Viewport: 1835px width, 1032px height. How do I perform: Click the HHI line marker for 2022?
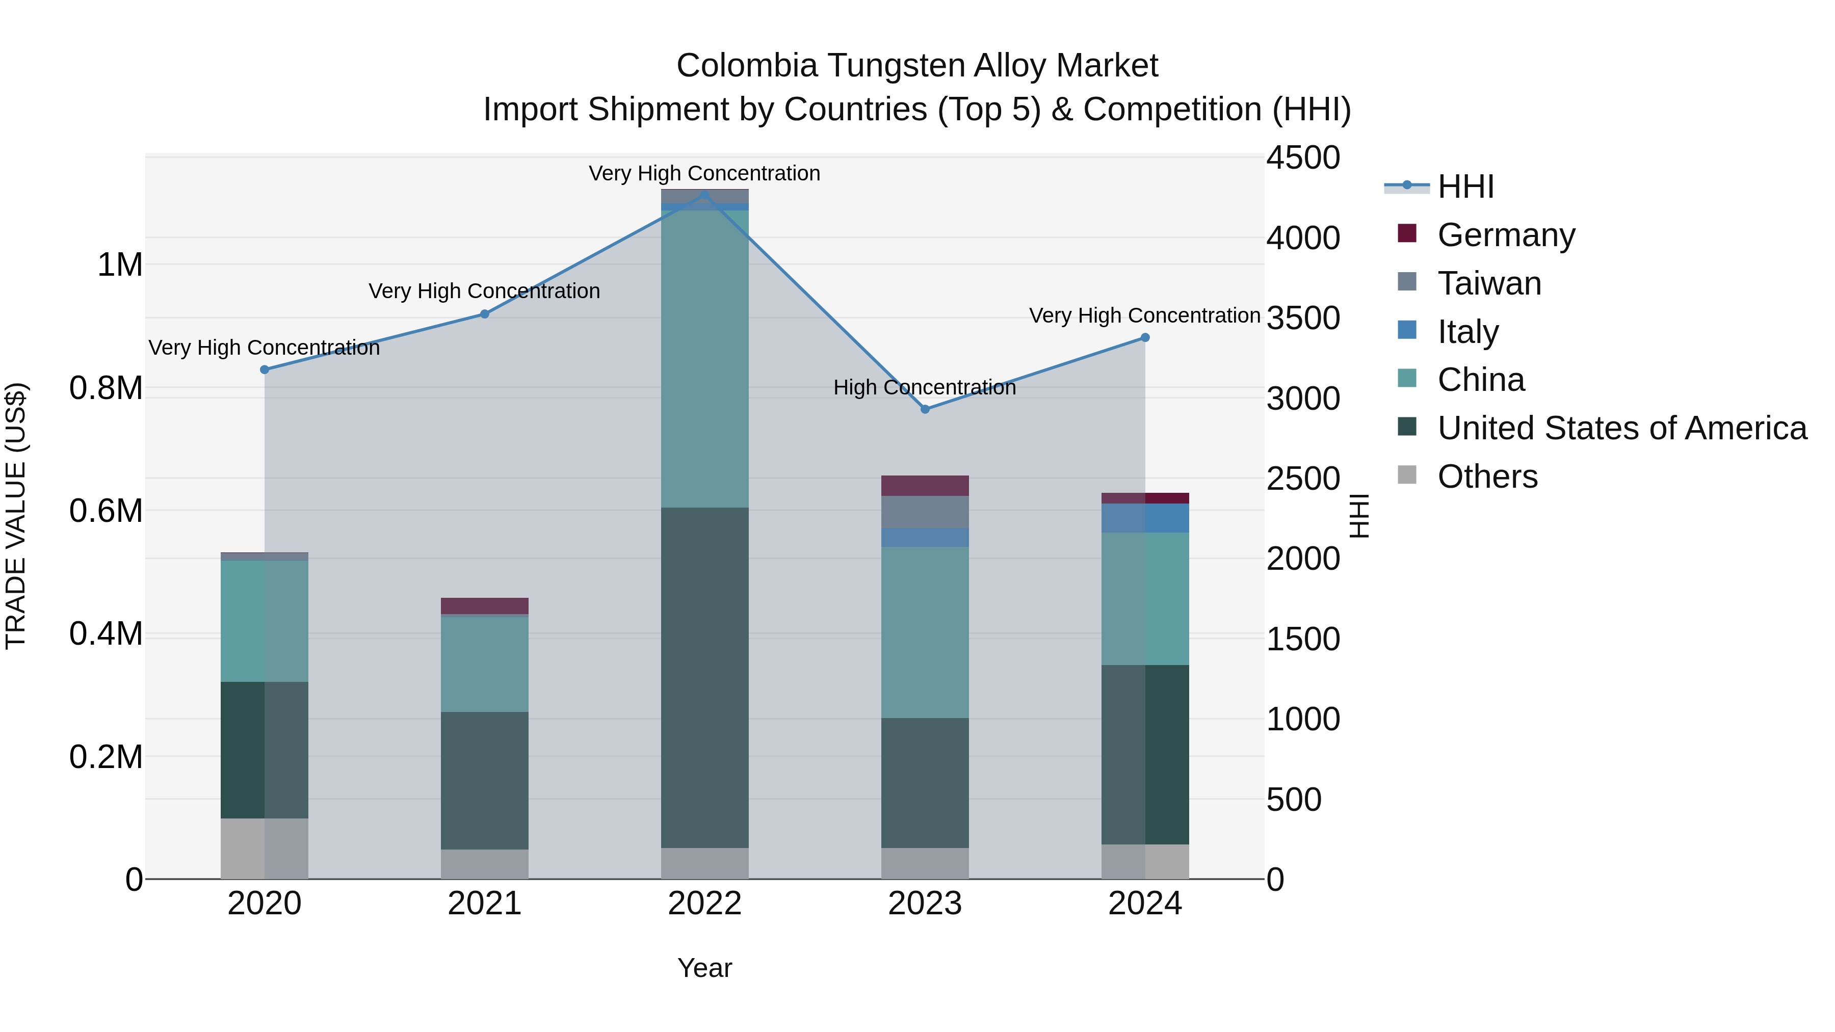(x=704, y=195)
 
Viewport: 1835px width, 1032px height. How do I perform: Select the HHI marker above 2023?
(x=925, y=410)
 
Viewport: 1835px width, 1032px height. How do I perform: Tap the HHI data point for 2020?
(x=264, y=369)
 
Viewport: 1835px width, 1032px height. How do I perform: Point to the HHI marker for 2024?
(x=1145, y=337)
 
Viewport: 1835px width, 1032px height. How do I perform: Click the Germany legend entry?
(x=1505, y=235)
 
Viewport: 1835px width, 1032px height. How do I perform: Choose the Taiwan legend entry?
(x=1489, y=283)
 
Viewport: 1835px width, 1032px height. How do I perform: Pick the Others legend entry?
(x=1487, y=477)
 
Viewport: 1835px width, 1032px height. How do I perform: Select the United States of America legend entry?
(x=1621, y=428)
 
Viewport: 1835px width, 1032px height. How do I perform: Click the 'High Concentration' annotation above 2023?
(x=924, y=387)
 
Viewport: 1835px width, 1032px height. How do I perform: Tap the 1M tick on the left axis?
(x=120, y=265)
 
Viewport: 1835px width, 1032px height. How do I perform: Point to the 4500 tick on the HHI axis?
(x=1303, y=157)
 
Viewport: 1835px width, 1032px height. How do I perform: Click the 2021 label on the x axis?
(x=484, y=904)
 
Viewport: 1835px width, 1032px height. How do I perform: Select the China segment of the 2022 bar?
(x=704, y=358)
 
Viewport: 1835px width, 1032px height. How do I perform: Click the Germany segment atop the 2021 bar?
(x=484, y=606)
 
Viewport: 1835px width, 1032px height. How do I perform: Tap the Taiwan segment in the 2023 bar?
(x=925, y=511)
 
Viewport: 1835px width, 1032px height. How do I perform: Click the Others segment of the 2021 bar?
(x=484, y=864)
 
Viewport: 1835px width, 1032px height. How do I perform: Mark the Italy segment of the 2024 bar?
(x=1145, y=518)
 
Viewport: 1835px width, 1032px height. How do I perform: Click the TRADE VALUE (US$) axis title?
(x=16, y=516)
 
